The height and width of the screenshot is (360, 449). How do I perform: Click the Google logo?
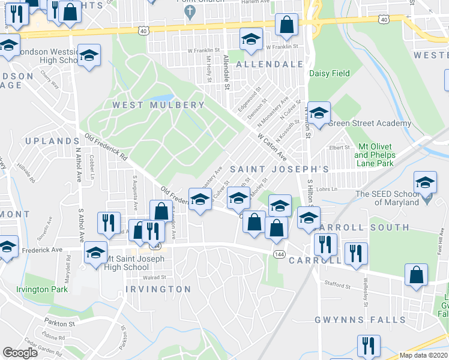point(20,353)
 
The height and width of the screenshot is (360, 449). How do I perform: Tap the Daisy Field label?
point(329,74)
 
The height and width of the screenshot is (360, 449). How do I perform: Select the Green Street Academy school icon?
point(319,113)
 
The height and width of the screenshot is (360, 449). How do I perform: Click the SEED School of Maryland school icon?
point(425,182)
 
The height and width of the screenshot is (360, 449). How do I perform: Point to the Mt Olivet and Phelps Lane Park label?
point(375,155)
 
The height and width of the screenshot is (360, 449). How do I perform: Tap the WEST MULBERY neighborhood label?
point(158,105)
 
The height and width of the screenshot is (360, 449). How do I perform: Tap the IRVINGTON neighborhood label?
point(158,289)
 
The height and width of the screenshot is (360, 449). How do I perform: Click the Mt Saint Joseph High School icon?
point(95,253)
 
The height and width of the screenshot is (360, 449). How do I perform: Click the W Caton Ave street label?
point(272,147)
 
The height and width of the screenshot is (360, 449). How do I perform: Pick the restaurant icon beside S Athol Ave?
point(109,223)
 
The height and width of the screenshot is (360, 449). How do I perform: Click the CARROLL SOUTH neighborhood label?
point(364,228)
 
